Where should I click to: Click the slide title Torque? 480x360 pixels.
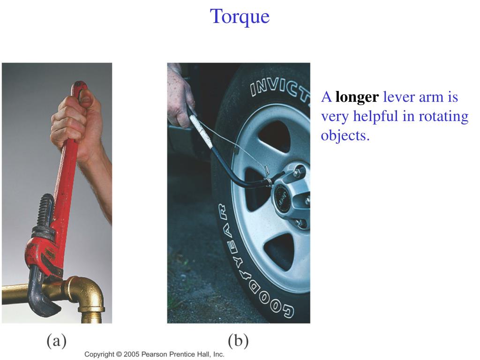pyautogui.click(x=240, y=16)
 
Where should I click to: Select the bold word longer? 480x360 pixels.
pyautogui.click(x=357, y=97)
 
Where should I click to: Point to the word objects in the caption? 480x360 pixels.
pyautogui.click(x=345, y=135)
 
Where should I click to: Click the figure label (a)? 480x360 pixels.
pyautogui.click(x=57, y=340)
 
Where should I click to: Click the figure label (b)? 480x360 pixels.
pyautogui.click(x=238, y=340)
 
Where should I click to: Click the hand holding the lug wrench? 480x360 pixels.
pyautogui.click(x=180, y=98)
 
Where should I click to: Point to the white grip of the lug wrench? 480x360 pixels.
pyautogui.click(x=201, y=131)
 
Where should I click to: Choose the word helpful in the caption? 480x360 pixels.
pyautogui.click(x=375, y=116)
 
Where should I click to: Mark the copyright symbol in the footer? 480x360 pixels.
pyautogui.click(x=119, y=354)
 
